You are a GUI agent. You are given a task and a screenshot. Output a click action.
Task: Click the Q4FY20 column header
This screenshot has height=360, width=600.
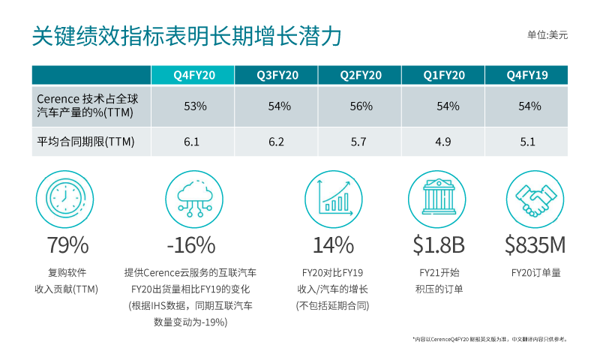(x=194, y=75)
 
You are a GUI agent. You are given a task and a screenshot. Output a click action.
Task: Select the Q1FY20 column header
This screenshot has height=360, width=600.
(x=444, y=75)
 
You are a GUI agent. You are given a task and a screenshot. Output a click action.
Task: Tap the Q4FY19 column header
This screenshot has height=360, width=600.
(x=528, y=75)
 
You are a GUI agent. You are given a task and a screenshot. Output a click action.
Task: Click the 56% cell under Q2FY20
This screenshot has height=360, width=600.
(x=361, y=106)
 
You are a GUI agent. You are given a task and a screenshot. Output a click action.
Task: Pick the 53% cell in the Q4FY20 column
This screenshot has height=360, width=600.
(x=195, y=106)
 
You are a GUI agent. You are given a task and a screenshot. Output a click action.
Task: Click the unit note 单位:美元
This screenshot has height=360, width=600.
(x=547, y=35)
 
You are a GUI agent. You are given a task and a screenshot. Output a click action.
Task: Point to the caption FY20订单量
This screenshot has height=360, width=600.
(x=535, y=273)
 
